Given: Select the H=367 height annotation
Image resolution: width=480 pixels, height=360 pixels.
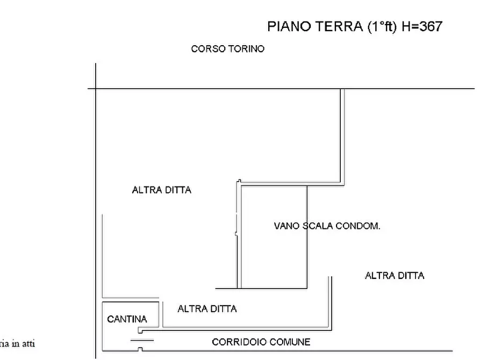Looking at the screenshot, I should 422,26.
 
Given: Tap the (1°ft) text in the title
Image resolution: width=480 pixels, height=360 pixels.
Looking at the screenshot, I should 382,26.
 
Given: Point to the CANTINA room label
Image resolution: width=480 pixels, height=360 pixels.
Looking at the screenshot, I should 127,319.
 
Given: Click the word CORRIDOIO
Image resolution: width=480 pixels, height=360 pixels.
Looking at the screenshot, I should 238,342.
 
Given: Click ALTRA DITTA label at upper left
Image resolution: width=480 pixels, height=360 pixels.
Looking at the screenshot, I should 161,190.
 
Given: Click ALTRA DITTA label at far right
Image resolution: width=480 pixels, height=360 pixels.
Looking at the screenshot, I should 394,276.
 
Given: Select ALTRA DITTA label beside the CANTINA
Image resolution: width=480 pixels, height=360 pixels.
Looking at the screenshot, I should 207,309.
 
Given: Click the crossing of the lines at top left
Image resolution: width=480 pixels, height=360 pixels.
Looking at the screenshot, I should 96,89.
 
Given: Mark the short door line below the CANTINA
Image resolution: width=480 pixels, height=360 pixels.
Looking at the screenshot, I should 142,340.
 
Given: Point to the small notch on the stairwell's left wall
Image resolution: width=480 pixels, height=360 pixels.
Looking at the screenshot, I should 237,233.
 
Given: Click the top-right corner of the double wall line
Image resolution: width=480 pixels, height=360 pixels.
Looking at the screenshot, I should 342,89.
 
